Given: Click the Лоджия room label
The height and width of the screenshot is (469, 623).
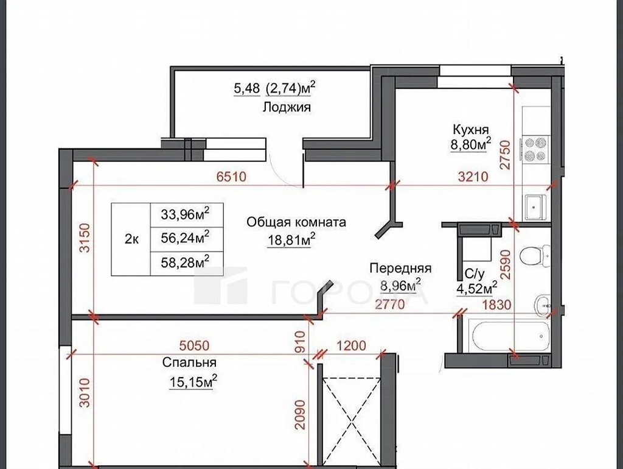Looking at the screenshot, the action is pos(287,107).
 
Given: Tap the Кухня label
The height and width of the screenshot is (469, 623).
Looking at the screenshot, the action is pos(471,129).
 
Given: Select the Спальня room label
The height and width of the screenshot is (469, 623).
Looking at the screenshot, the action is pos(189,363).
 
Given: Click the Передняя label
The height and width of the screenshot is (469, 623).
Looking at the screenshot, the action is pos(400,268).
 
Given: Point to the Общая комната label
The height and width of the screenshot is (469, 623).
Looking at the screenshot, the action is pos(296,222).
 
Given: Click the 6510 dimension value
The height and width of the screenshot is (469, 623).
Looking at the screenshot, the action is pos(232,176).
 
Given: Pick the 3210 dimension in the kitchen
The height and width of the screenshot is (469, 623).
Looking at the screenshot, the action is pos(473,176).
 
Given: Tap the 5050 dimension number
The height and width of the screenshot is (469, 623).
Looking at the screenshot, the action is pos(194,345).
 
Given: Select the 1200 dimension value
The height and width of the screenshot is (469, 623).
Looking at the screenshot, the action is pos(351,345).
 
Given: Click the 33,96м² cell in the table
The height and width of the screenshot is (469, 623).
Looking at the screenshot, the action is pos(186,215).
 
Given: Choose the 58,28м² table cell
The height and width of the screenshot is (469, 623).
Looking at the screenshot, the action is pos(186,263).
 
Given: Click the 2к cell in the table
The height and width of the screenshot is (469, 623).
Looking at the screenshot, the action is pos(131,239).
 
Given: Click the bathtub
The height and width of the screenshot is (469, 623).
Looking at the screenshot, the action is pos(510,336).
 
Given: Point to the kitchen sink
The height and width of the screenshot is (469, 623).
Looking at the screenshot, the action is pos(536,207).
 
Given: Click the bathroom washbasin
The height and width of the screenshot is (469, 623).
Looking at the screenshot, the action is pos(542,305).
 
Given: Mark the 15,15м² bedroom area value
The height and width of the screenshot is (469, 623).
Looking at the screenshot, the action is pos(193,383).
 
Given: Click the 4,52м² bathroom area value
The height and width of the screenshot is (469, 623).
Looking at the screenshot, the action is pos(477,288).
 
